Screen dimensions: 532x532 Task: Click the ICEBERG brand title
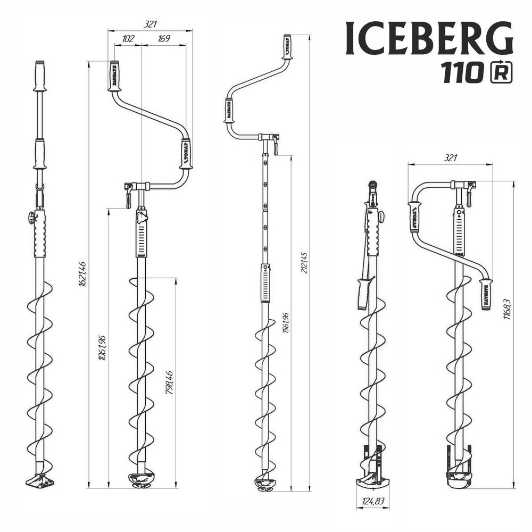point(429,39)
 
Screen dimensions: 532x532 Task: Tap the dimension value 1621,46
point(82,274)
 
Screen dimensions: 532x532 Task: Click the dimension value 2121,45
point(304,263)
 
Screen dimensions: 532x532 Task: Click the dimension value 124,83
point(372,501)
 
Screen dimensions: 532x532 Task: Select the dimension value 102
point(128,39)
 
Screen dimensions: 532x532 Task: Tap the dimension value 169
point(164,39)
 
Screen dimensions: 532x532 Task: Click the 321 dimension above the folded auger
point(450,158)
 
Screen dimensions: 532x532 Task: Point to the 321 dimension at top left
point(151,24)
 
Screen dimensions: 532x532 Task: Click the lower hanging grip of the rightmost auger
point(486,294)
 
